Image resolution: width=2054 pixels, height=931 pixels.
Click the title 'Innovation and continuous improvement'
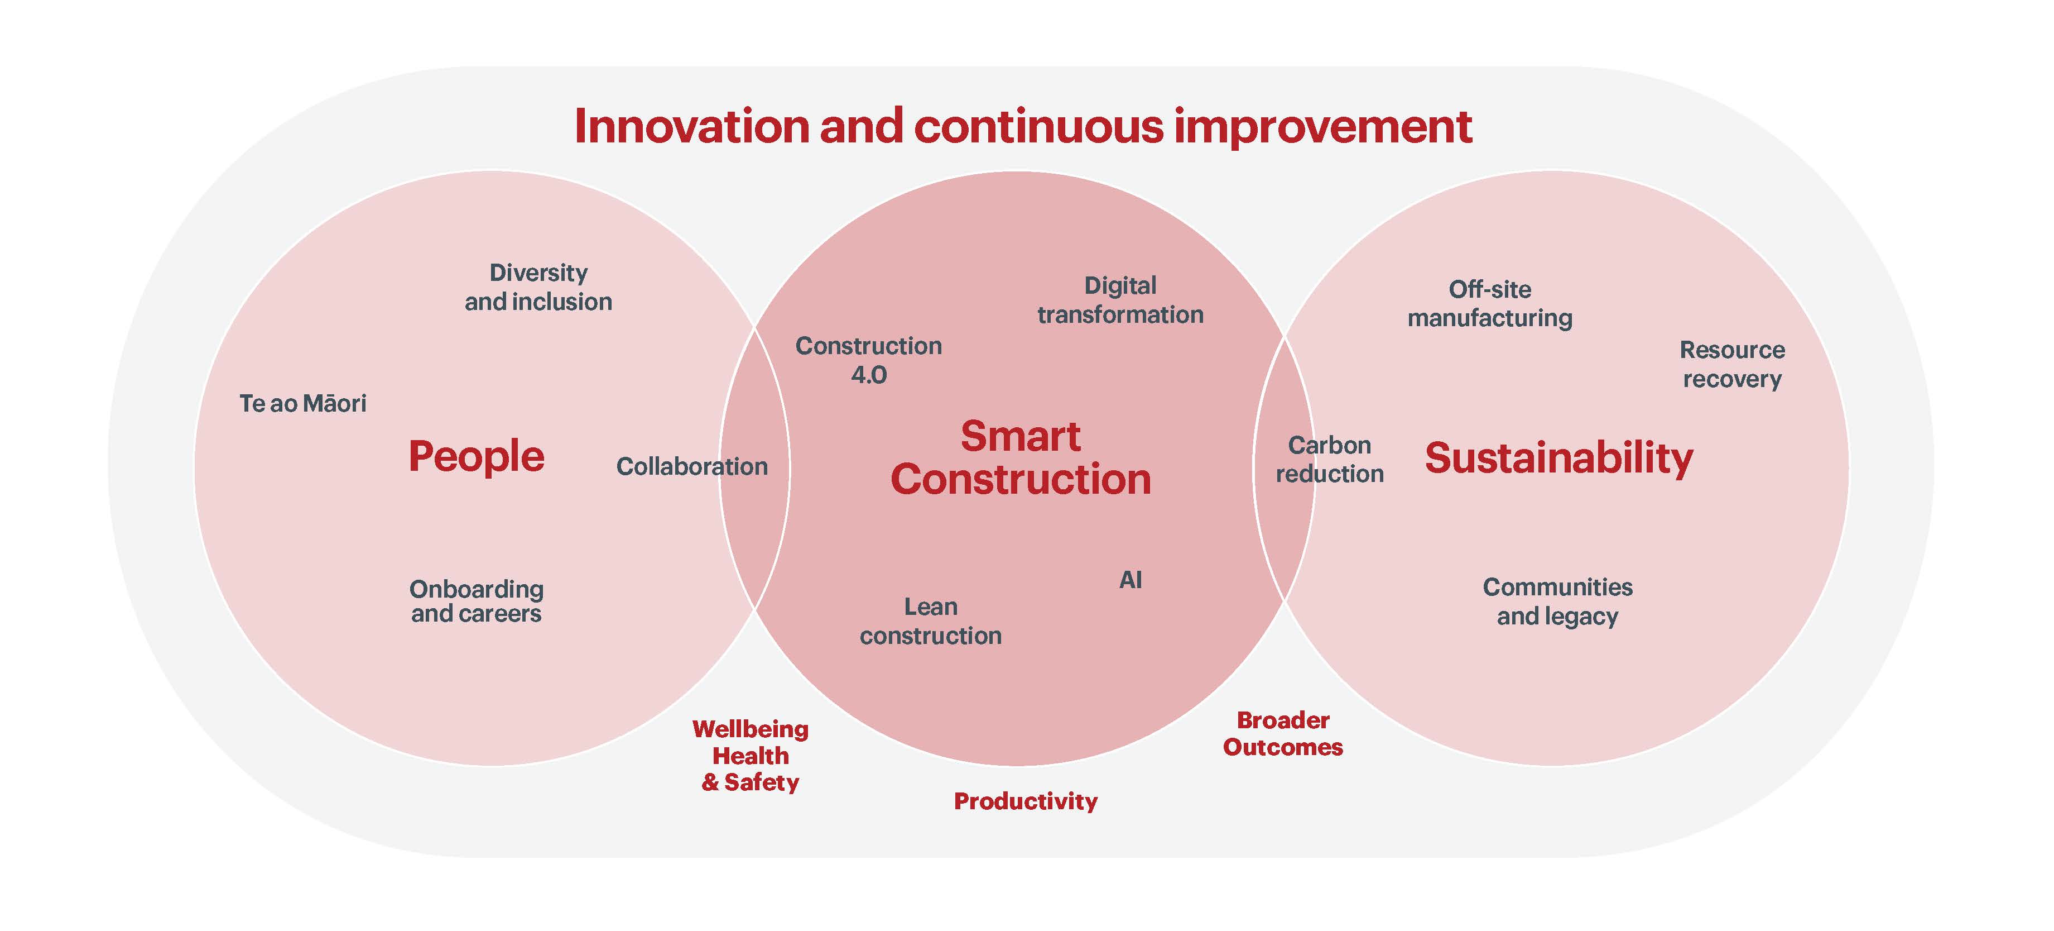1023,126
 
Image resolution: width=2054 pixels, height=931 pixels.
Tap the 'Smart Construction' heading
1021,458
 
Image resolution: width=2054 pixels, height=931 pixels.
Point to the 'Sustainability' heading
1559,459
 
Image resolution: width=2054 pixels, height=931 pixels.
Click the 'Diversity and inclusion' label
538,287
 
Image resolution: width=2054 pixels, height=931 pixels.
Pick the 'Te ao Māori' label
303,403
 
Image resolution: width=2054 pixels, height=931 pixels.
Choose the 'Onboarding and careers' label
476,601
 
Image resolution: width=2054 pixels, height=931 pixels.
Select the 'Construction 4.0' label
868,360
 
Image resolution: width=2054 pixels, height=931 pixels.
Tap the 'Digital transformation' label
1120,300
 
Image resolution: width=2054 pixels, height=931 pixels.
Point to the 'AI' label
1131,580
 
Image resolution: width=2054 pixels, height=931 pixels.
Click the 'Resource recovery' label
1732,364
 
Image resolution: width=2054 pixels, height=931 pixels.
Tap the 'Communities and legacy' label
1557,601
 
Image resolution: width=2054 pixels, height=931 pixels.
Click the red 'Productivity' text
1026,801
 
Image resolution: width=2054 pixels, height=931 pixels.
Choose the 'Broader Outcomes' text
1283,734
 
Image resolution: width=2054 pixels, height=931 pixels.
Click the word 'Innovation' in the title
692,126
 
